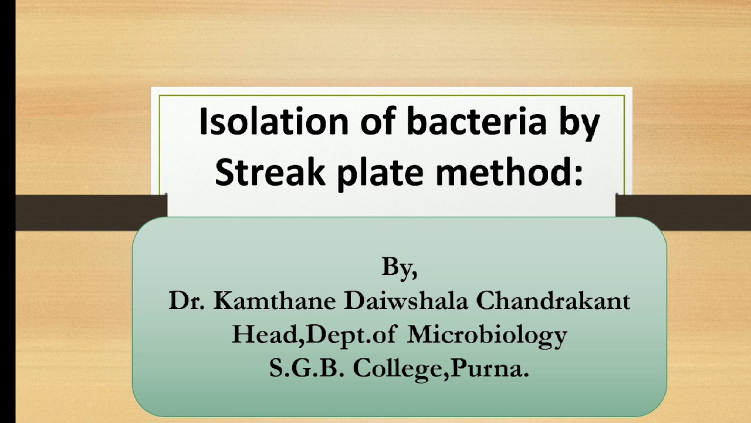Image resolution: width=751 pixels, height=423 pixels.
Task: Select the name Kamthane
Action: [275, 301]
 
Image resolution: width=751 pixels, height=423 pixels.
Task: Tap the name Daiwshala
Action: [406, 301]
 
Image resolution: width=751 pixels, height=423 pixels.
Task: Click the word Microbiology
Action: [487, 335]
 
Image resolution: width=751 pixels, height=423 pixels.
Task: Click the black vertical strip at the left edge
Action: [7, 211]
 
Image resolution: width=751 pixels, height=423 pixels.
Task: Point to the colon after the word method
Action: [578, 174]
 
